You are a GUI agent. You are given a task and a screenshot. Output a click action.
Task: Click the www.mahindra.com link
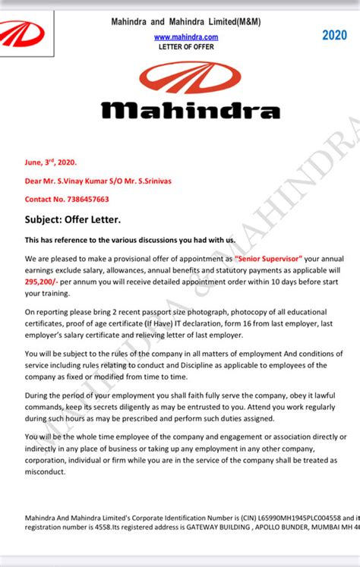(186, 36)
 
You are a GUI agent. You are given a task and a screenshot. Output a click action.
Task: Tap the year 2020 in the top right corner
(333, 35)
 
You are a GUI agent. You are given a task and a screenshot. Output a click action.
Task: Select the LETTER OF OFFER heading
(186, 46)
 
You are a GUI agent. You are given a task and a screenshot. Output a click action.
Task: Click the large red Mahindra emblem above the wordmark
(191, 78)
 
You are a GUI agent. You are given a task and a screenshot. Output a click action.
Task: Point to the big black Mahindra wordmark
(191, 111)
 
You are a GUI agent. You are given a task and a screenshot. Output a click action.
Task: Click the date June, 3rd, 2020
(51, 162)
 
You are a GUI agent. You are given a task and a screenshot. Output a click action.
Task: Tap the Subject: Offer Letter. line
(72, 220)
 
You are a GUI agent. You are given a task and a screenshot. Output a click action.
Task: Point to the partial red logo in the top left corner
(21, 35)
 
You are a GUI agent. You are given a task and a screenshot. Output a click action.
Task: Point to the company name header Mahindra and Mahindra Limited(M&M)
(187, 22)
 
